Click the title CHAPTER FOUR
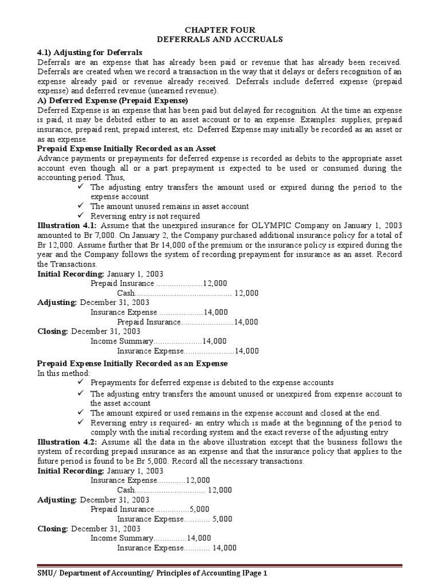219,30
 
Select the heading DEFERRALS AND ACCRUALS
219,39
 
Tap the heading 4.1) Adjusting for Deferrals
90,52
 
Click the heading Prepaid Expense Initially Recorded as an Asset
127,148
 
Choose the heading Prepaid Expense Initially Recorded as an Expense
132,363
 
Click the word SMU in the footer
46,573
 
